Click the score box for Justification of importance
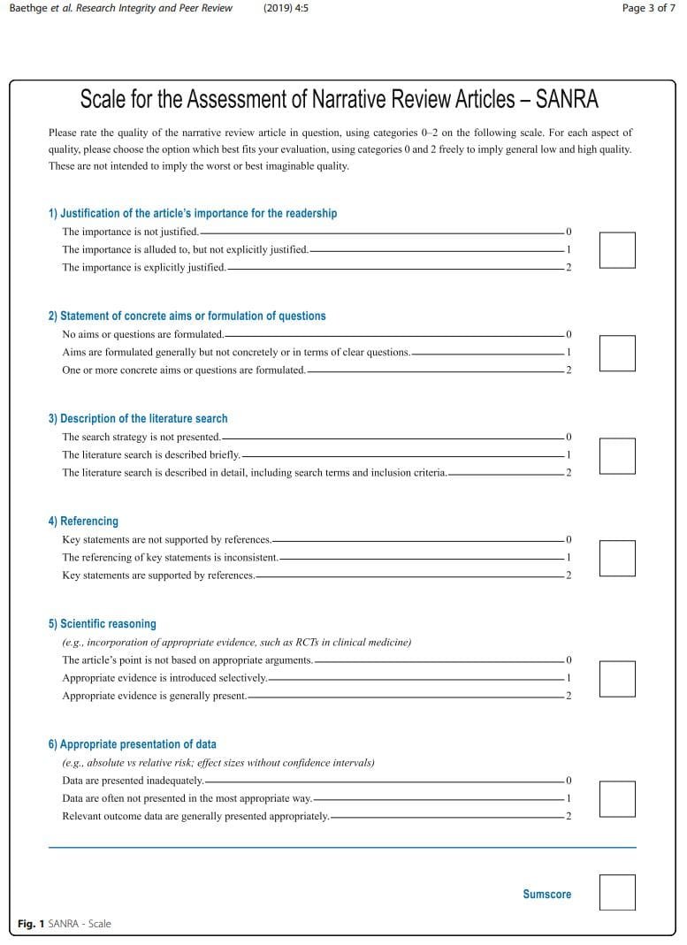617,250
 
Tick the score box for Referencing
617,558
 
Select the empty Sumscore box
617,892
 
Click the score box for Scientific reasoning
617,678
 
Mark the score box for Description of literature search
617,455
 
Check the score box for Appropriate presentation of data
617,798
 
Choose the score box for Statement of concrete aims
617,353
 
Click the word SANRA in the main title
567,99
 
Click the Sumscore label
546,895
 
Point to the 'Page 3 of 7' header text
649,8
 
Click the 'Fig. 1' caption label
31,924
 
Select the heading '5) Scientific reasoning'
102,624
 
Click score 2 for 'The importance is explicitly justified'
569,268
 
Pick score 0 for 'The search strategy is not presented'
569,438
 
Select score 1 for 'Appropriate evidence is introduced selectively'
569,678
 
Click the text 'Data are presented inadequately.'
133,781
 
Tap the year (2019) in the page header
286,8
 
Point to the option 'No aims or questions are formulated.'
142,335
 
